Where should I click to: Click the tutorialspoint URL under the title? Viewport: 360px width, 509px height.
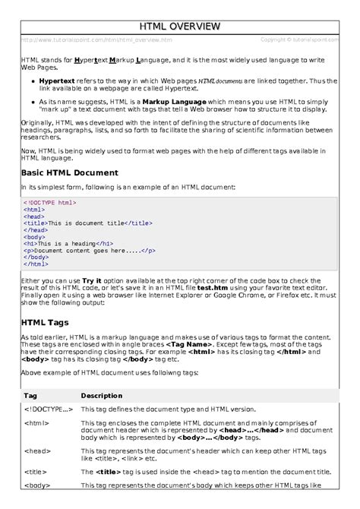96,40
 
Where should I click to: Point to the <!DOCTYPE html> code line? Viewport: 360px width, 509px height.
50,203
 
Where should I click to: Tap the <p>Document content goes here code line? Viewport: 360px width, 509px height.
90,250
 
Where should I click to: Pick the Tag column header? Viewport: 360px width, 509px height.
31,396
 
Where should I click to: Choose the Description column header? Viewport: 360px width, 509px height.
102,396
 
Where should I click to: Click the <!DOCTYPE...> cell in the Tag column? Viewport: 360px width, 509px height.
49,409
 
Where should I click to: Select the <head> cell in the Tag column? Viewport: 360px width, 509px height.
37,450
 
